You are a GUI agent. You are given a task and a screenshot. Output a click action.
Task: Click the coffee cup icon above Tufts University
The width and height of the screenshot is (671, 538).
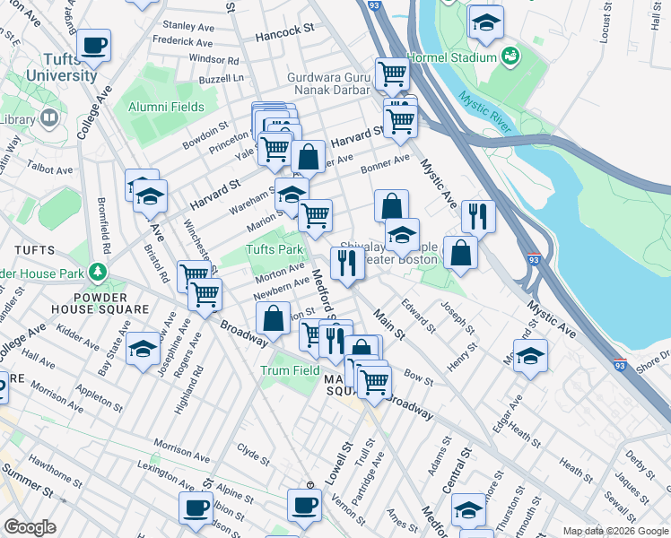93,45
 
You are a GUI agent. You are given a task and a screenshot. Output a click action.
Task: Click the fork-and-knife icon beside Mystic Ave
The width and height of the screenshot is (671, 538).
478,216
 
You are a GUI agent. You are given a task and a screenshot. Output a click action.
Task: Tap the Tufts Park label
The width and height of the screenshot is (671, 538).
274,249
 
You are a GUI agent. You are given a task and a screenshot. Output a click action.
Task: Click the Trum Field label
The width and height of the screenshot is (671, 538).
290,369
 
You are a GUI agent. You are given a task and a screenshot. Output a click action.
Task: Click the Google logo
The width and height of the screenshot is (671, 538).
30,527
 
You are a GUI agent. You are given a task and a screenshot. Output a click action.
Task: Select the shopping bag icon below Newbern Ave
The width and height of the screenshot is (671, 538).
273,317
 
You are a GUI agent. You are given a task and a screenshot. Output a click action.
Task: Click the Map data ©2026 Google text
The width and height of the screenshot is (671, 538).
615,531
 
